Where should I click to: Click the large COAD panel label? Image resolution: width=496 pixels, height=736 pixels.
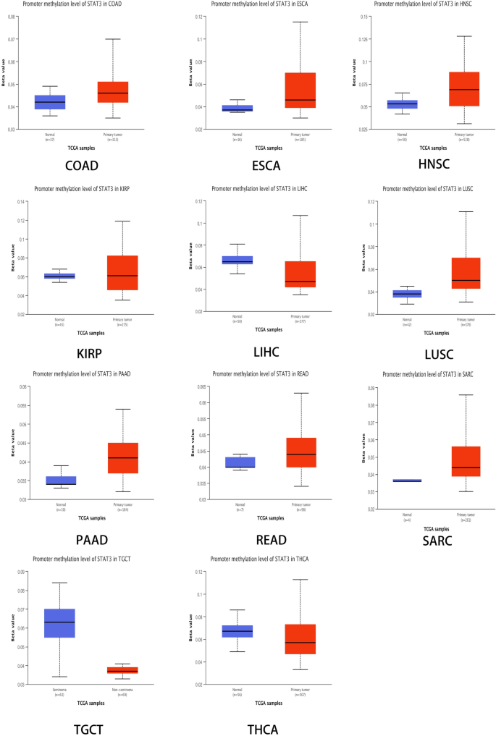click(81, 165)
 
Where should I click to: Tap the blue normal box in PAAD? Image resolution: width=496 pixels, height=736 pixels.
click(62, 481)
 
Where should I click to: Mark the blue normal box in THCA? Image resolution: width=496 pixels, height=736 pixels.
click(237, 631)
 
